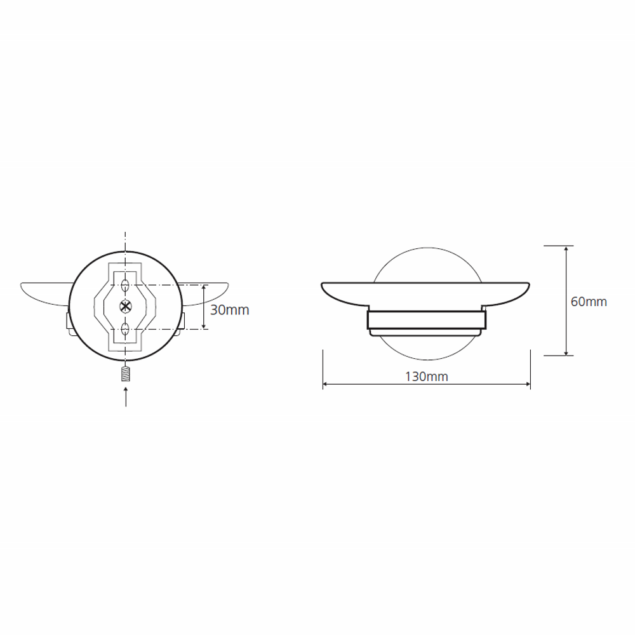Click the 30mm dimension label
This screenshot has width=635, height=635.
point(229,311)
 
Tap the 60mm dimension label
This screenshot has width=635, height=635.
point(589,302)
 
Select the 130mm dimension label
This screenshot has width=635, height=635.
point(427,377)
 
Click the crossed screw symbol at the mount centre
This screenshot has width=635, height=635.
point(126,307)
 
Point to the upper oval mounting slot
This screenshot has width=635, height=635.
point(125,286)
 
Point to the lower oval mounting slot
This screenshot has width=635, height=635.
point(125,329)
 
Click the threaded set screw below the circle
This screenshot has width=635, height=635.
point(126,373)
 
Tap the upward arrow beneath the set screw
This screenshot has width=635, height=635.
point(126,396)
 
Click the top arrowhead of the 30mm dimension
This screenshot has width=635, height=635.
point(204,288)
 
